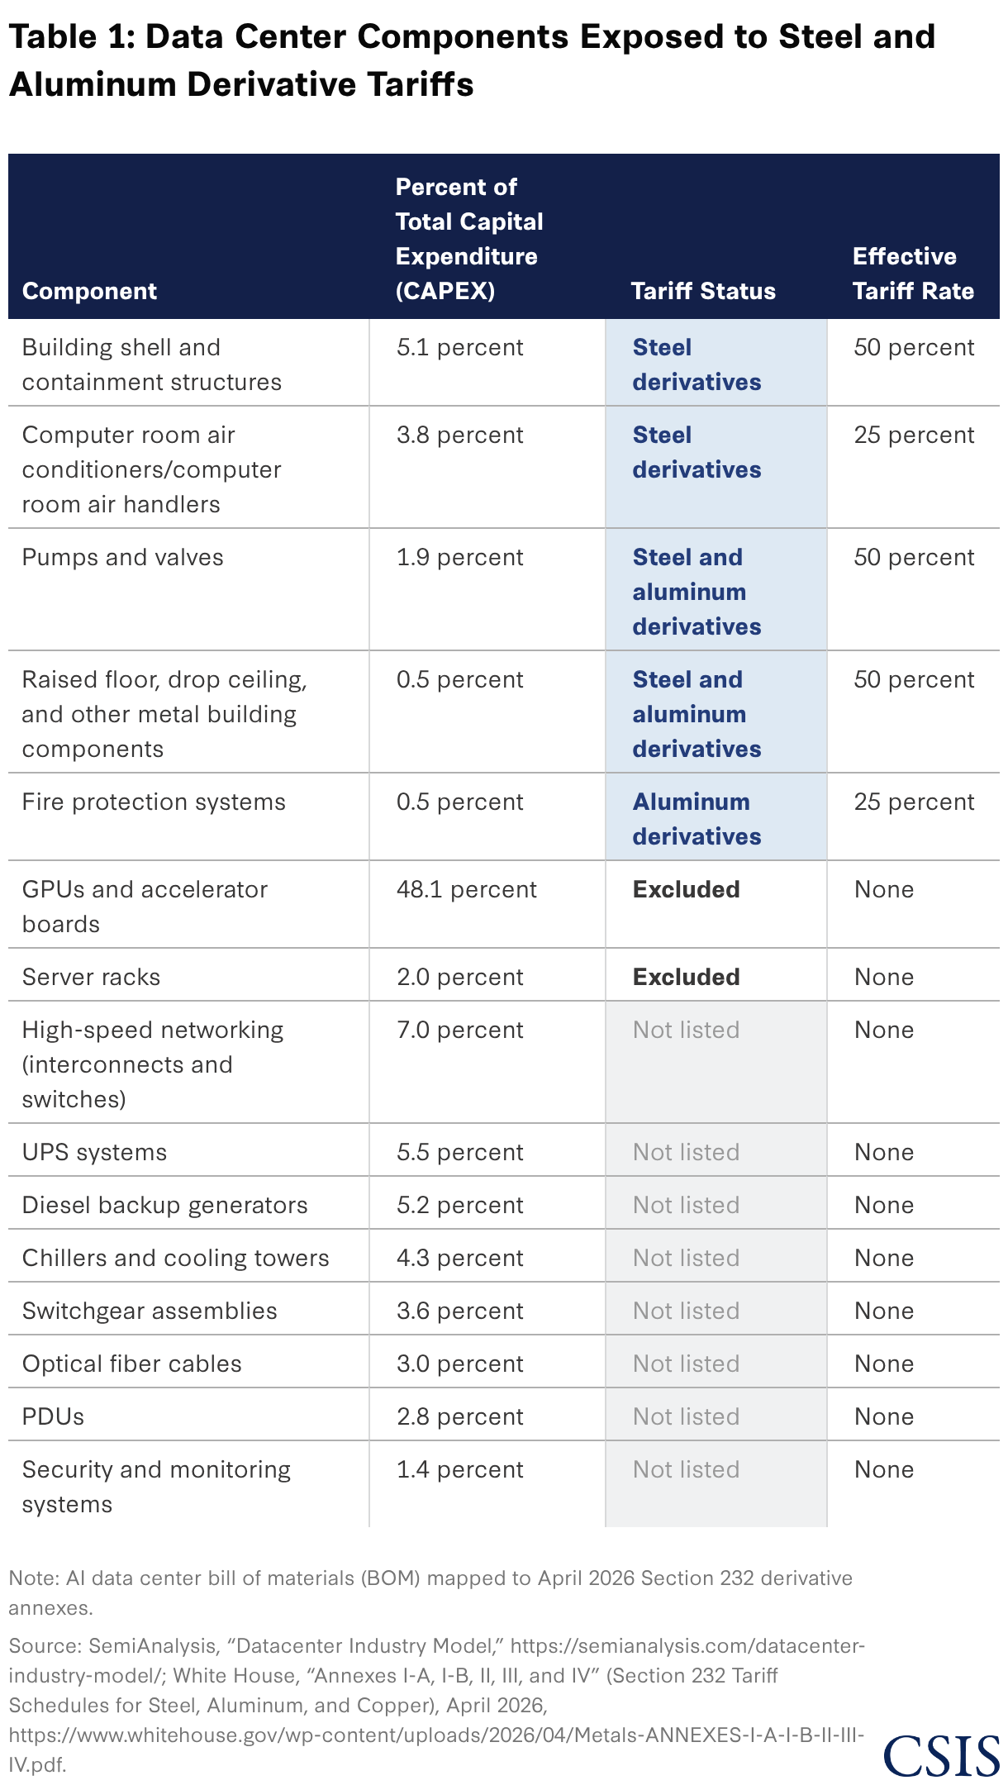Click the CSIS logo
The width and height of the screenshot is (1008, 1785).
point(941,1755)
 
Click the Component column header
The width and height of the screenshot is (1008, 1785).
point(89,291)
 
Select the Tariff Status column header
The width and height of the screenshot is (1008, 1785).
point(703,291)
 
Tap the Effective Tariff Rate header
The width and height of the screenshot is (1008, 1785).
point(913,274)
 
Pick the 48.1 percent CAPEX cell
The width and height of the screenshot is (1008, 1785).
point(467,889)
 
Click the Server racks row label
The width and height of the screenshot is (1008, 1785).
point(91,977)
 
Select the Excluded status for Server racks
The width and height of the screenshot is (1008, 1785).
point(687,977)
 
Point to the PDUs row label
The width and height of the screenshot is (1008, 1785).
point(53,1416)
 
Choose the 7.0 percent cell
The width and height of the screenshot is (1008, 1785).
point(460,1030)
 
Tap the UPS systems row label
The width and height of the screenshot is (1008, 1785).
point(94,1152)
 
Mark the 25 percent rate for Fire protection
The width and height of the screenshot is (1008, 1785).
point(915,802)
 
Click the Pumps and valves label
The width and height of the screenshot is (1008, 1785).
point(123,557)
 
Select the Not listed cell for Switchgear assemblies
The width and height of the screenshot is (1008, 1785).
point(686,1311)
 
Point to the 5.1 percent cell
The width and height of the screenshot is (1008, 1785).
point(460,347)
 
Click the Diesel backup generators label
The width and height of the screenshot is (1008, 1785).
point(164,1205)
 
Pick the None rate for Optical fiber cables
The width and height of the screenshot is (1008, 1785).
point(884,1364)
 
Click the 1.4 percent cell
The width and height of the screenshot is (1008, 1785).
point(460,1469)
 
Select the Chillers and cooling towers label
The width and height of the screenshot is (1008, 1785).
point(175,1258)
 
